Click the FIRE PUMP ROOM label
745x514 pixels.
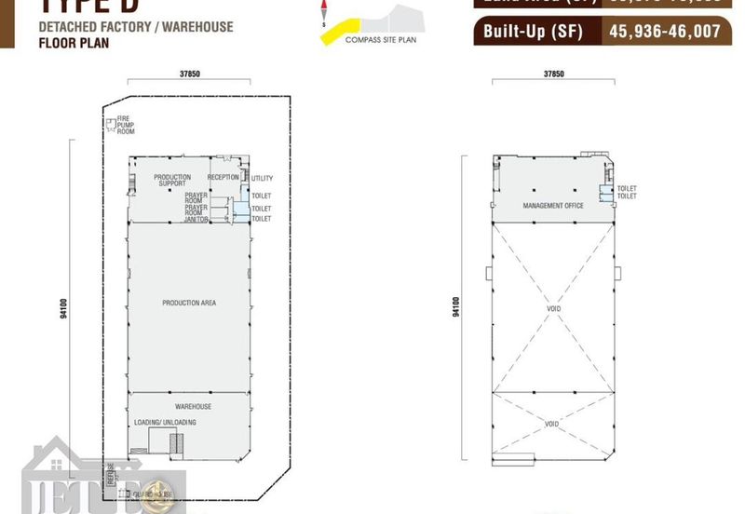[126, 125]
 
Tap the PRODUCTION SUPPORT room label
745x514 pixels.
[172, 180]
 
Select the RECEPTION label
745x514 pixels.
[223, 177]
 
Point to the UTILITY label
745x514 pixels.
[262, 178]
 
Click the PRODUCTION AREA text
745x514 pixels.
[189, 303]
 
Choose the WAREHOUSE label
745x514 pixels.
[193, 406]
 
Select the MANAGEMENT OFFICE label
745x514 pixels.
[553, 206]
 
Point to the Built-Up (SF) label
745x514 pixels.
[533, 32]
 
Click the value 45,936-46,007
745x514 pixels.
[664, 32]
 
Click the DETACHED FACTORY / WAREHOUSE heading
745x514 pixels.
[136, 27]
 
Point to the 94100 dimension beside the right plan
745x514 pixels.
[455, 306]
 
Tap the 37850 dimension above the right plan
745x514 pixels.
[553, 74]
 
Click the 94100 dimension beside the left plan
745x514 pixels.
[62, 308]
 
